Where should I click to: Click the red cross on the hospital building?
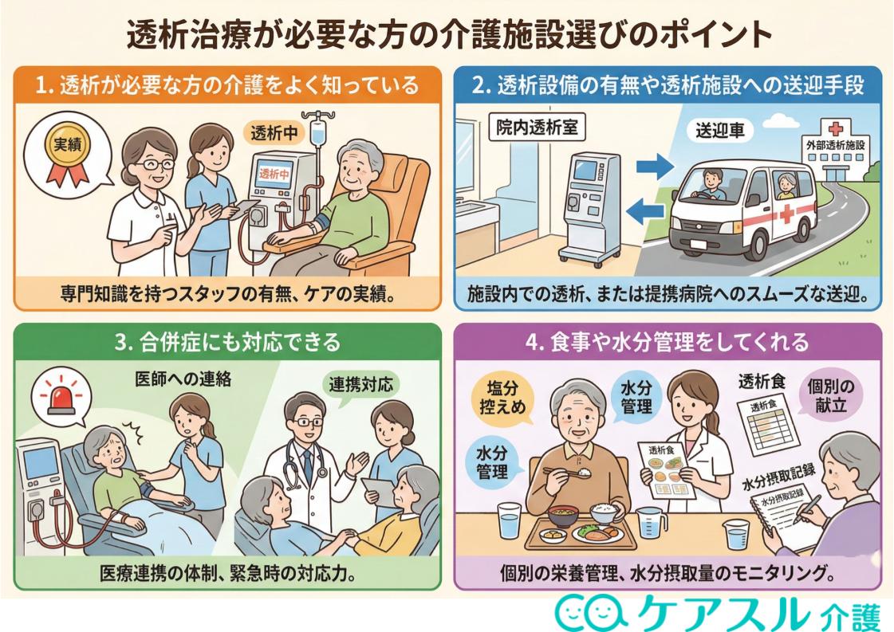tap(835, 128)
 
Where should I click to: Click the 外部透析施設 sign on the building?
tap(837, 147)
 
